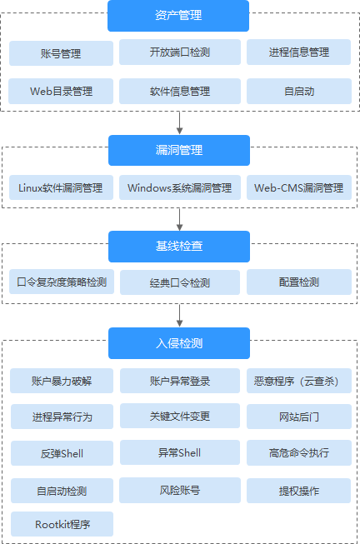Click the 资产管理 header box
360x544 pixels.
click(x=178, y=15)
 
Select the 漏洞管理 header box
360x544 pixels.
click(x=178, y=151)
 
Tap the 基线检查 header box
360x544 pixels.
click(x=178, y=247)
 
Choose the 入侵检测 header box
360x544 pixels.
click(x=178, y=343)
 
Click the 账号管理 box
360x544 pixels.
click(x=61, y=53)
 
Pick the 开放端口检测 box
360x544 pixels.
click(x=179, y=52)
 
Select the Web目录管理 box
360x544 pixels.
click(x=61, y=91)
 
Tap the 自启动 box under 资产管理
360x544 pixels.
click(x=298, y=91)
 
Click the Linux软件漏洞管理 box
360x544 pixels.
click(x=61, y=187)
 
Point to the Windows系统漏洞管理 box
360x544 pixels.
click(x=179, y=187)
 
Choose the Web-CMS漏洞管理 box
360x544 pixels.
click(x=298, y=187)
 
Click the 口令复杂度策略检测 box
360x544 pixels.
click(x=61, y=282)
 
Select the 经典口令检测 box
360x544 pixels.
click(x=179, y=282)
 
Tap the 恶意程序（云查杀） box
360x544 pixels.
click(x=298, y=381)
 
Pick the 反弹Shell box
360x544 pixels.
click(x=61, y=453)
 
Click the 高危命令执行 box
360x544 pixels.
click(x=298, y=453)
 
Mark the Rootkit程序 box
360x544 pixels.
click(x=61, y=525)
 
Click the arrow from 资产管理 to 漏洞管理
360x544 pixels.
click(x=179, y=122)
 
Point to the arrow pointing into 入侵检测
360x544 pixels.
click(x=179, y=315)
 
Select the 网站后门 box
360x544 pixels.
click(x=298, y=417)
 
